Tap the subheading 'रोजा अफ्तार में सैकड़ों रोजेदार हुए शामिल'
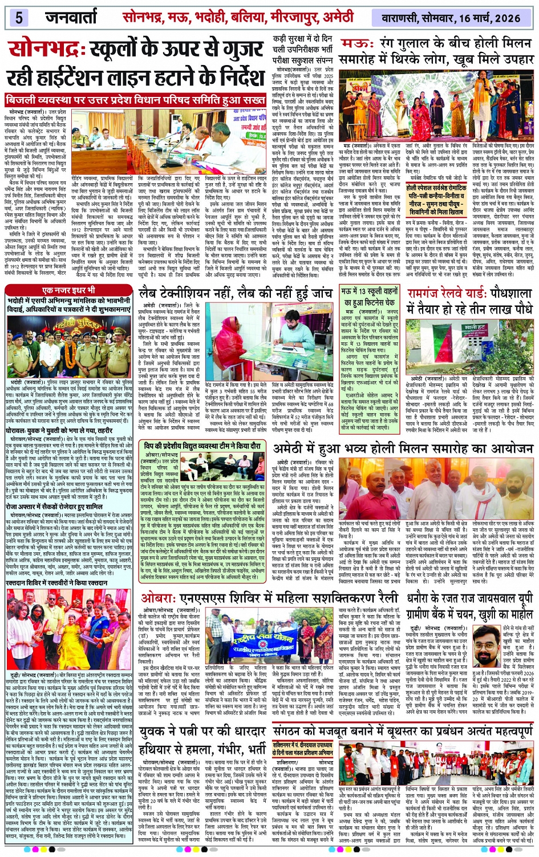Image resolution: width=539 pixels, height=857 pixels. click(54, 506)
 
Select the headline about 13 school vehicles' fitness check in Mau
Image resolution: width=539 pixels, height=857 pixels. click(369, 297)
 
